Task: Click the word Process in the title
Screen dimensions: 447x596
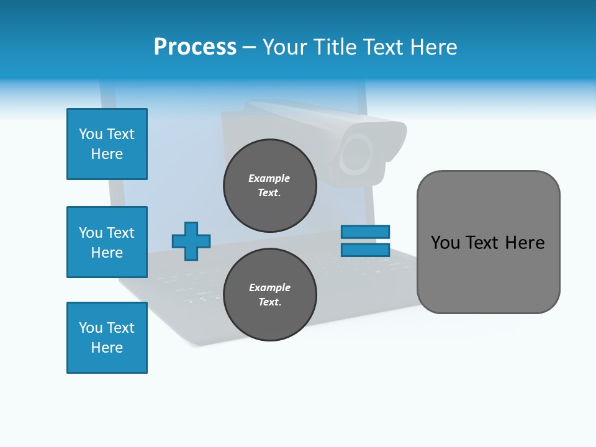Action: point(195,47)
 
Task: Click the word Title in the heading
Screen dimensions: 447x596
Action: point(336,47)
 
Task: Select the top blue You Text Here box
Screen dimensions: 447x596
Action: point(107,144)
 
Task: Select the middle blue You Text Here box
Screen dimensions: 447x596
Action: point(107,242)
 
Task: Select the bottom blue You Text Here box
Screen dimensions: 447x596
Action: point(107,338)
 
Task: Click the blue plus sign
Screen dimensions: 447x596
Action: point(191,241)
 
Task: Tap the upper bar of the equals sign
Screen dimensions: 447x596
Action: point(365,232)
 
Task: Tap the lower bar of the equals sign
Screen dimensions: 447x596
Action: point(365,250)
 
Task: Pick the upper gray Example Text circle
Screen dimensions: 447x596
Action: point(270,185)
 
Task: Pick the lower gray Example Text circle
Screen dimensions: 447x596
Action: point(270,294)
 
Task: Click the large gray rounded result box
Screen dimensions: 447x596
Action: point(488,273)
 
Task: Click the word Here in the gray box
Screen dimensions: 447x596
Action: point(525,243)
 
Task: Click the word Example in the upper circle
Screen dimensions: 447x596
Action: point(269,178)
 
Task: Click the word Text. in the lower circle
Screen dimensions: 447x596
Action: point(269,302)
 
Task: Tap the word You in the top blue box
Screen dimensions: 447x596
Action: point(91,134)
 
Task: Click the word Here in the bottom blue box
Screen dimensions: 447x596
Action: point(107,348)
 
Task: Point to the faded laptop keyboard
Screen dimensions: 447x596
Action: point(186,279)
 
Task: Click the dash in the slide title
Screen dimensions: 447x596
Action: point(250,47)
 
